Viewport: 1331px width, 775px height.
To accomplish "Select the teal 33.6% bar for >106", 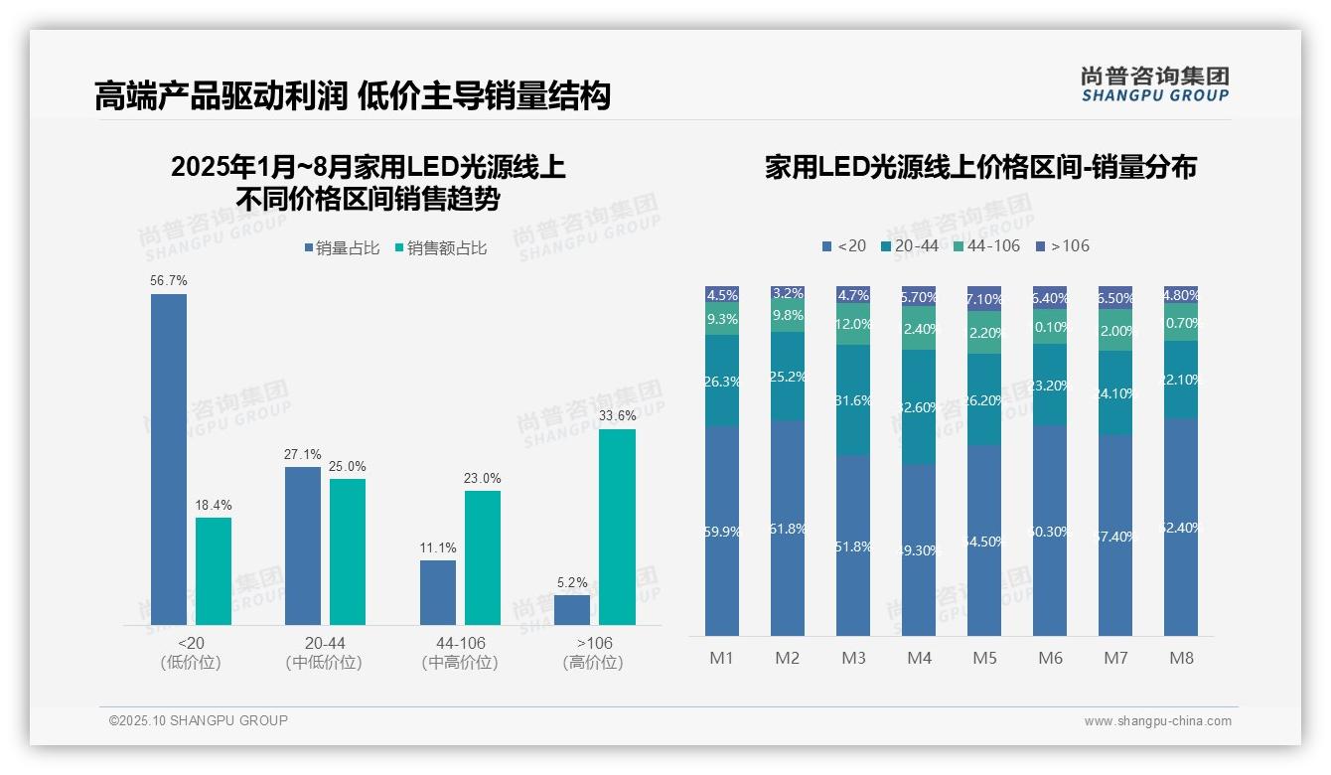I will [x=617, y=527].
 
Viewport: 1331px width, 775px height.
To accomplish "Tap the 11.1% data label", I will [x=438, y=548].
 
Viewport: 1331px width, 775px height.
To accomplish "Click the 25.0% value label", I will [x=348, y=466].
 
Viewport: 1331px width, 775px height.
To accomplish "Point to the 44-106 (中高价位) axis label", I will [x=460, y=653].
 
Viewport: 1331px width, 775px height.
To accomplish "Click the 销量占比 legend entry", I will [x=341, y=248].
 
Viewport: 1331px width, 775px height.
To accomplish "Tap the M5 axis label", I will [x=984, y=658].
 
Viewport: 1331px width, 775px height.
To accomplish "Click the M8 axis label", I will [x=1181, y=658].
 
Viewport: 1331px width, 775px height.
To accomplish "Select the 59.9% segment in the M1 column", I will [x=722, y=531].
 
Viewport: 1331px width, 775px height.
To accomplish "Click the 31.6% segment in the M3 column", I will [x=853, y=400].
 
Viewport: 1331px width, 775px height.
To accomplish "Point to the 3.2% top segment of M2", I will [x=788, y=294].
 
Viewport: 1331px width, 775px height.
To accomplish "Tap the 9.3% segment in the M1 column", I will [x=722, y=319].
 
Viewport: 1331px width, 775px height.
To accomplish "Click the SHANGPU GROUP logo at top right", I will [x=1154, y=83].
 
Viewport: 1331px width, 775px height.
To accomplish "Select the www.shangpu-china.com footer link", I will [x=1157, y=721].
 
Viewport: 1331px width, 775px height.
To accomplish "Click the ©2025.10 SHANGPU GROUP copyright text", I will [x=199, y=721].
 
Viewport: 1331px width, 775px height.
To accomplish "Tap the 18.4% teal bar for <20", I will [x=214, y=571].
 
